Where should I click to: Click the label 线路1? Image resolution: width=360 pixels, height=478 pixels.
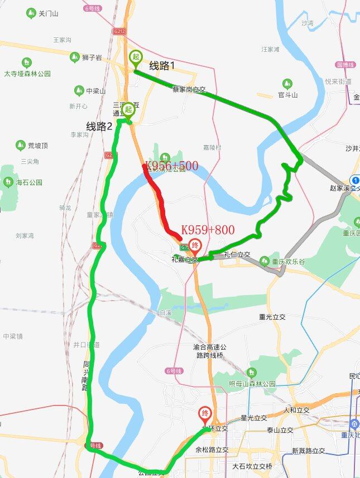point(162,66)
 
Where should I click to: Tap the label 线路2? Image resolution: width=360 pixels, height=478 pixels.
point(99,127)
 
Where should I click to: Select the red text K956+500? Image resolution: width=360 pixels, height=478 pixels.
point(172,166)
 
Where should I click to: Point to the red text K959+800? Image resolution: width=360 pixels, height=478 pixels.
point(208,230)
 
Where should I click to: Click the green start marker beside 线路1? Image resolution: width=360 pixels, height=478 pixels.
point(136,58)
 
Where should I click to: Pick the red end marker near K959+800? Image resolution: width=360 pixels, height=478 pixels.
point(195,245)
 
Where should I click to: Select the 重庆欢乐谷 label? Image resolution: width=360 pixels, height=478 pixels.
point(289,261)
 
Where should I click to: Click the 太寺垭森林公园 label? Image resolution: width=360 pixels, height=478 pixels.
point(27,73)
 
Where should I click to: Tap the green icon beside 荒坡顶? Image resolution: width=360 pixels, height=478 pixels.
point(21,146)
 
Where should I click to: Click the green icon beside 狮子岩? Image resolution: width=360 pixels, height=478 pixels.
point(74,57)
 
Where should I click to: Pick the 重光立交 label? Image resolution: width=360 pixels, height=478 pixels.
point(272,317)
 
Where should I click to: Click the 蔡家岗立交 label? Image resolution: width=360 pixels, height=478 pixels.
point(189,89)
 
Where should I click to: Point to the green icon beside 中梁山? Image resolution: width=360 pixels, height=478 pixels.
point(79,90)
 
